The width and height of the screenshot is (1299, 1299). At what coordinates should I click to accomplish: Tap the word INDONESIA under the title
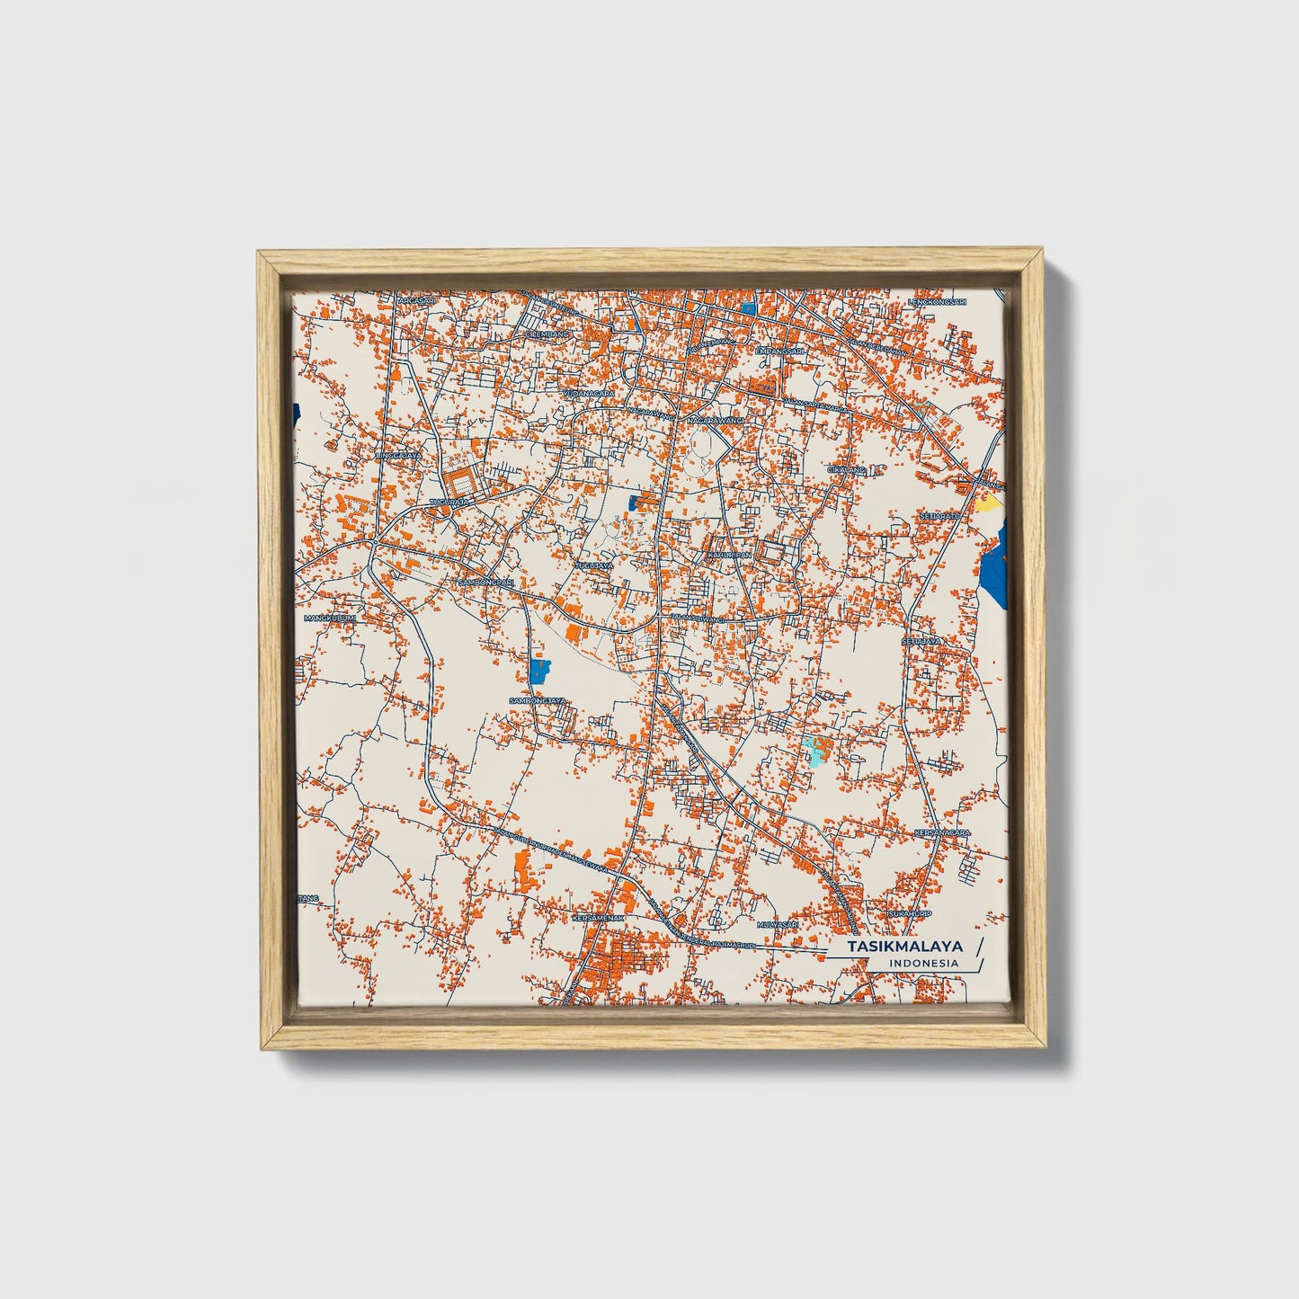tap(923, 964)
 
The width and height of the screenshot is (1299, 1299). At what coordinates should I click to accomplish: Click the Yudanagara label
tap(589, 394)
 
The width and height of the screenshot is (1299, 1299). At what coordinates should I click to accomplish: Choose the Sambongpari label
tap(486, 582)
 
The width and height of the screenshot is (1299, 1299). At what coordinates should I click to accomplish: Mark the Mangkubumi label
tap(330, 618)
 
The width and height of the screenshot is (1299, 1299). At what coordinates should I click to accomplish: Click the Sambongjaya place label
tap(538, 699)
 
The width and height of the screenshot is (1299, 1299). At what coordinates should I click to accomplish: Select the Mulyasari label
tap(779, 923)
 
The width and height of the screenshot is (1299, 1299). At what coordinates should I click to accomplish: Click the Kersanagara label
tap(941, 832)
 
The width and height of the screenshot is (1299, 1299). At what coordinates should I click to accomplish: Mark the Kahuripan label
tap(728, 555)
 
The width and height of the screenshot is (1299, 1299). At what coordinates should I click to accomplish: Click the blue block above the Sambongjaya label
tap(539, 671)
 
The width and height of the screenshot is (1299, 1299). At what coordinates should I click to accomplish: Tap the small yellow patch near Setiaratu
tap(988, 503)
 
